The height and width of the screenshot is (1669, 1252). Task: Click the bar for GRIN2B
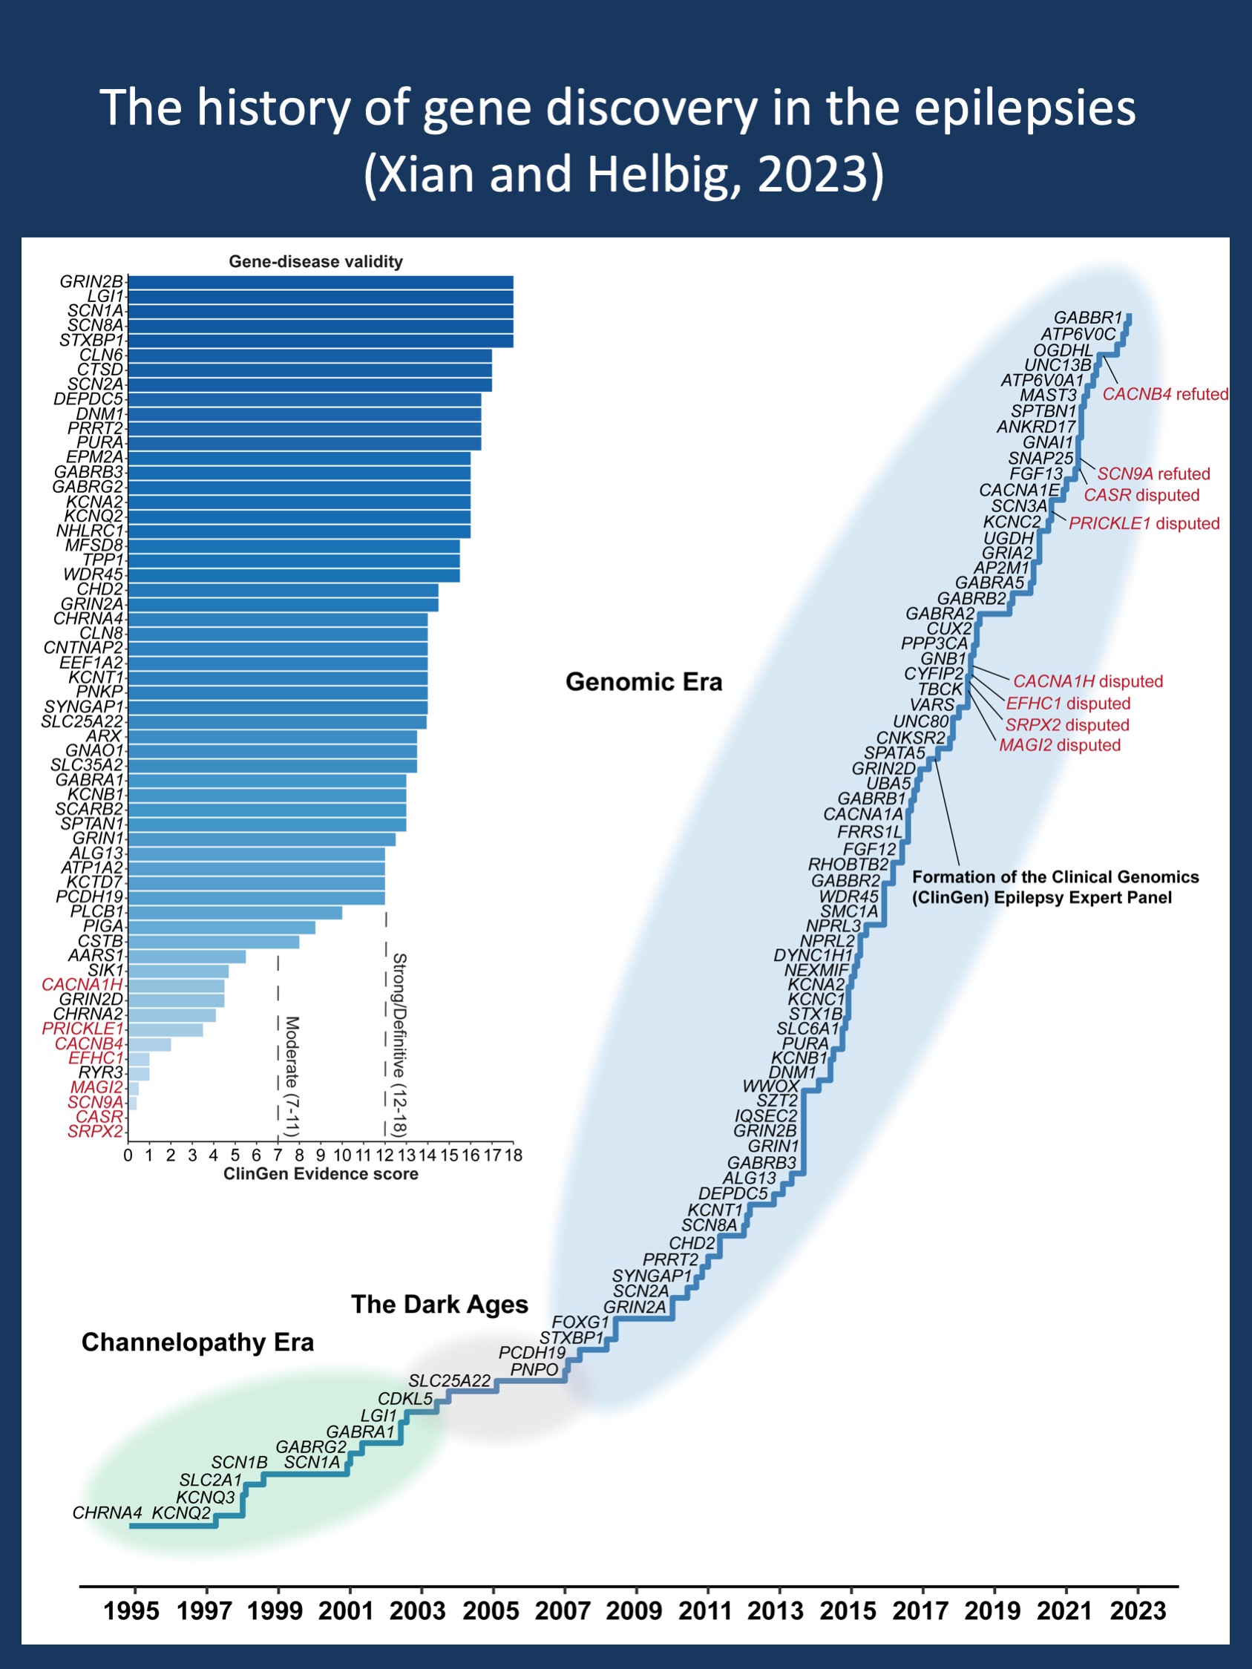pos(321,282)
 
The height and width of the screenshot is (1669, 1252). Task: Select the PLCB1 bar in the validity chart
pos(235,912)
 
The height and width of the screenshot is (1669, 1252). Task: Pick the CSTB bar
pos(214,942)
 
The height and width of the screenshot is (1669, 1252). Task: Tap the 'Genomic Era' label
pos(643,682)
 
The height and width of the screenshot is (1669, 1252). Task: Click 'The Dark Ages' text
pos(439,1305)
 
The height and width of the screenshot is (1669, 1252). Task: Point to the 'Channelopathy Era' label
pos(197,1342)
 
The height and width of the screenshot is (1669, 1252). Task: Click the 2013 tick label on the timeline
pos(776,1610)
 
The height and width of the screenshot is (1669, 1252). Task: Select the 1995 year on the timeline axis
pos(131,1610)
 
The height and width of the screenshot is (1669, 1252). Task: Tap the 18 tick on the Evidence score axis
pos(514,1155)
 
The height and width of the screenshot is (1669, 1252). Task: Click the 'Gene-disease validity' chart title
pos(315,262)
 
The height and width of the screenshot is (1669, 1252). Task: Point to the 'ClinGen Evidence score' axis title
pos(321,1174)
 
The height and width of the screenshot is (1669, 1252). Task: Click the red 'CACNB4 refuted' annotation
pos(1165,394)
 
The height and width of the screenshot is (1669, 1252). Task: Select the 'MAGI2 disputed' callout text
pos(1060,746)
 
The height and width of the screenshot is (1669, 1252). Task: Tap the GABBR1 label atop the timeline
pos(1087,318)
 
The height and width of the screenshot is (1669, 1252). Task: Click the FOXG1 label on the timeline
pos(580,1322)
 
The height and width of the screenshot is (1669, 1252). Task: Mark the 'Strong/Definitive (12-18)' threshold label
pos(400,1045)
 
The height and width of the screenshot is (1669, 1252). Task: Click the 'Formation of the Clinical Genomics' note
pos(1055,876)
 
